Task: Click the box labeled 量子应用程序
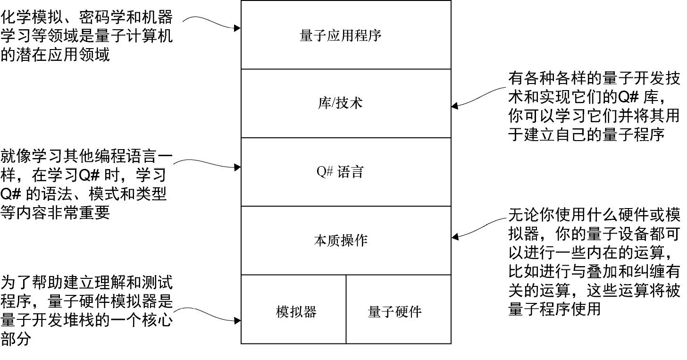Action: pos(340,35)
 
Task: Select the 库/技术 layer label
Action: pos(340,103)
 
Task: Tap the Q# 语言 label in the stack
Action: pos(340,172)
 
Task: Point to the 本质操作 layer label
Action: pos(340,241)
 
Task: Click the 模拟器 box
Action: pos(296,311)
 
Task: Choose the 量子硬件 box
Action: pos(394,311)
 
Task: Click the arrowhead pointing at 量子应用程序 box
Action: pos(237,28)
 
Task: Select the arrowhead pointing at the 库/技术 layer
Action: pos(455,106)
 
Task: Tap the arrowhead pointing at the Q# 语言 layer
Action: pos(237,167)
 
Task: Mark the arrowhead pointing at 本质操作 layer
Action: pos(455,237)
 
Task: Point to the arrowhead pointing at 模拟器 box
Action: pos(237,321)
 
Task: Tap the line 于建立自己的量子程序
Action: pos(586,134)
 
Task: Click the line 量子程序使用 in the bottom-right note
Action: pos(554,309)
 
